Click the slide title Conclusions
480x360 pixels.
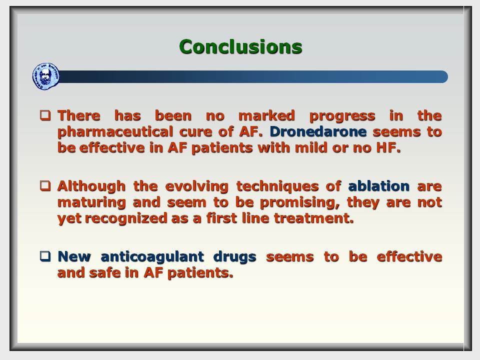pyautogui.click(x=240, y=47)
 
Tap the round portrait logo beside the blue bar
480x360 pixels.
pyautogui.click(x=46, y=76)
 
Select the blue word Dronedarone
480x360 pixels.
pyautogui.click(x=318, y=131)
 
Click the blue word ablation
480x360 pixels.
pyautogui.click(x=378, y=186)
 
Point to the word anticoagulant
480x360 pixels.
pyautogui.click(x=152, y=257)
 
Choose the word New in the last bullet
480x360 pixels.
pyautogui.click(x=74, y=256)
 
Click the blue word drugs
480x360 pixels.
pyautogui.click(x=234, y=257)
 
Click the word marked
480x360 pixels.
pyautogui.click(x=266, y=115)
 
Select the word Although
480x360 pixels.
pyautogui.click(x=91, y=186)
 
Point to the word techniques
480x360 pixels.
pyautogui.click(x=277, y=186)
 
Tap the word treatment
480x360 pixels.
pyautogui.click(x=314, y=218)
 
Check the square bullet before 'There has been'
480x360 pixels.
pyautogui.click(x=45, y=115)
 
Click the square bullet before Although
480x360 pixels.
pyautogui.click(x=45, y=185)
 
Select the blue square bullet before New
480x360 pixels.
pyautogui.click(x=45, y=256)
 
